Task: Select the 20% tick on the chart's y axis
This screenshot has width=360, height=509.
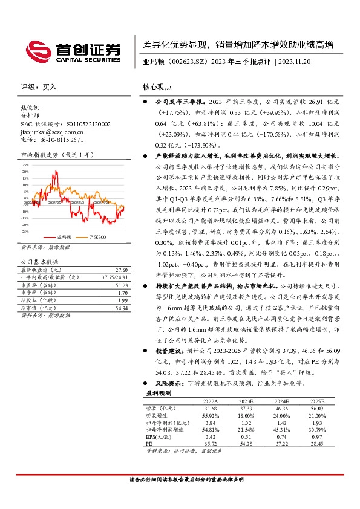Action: pos(25,172)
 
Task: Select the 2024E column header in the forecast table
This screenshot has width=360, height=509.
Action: pos(281,401)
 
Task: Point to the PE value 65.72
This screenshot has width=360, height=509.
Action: pos(209,443)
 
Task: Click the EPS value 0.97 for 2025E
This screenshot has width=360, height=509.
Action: pos(318,436)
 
